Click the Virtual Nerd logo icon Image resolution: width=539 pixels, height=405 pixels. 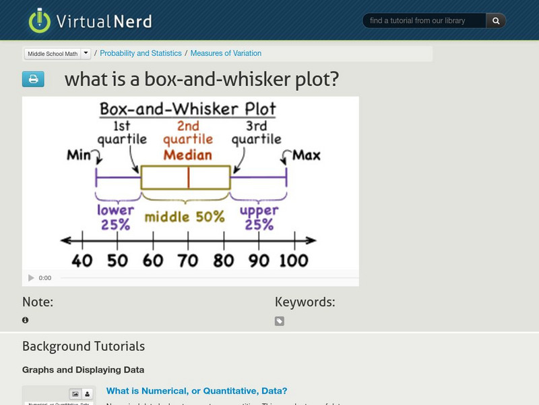click(x=40, y=20)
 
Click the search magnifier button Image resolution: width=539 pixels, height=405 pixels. click(x=496, y=21)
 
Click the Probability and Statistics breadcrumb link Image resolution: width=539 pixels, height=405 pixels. click(x=141, y=53)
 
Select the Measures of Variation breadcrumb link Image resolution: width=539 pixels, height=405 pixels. click(x=226, y=53)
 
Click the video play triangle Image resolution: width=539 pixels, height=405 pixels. click(x=31, y=278)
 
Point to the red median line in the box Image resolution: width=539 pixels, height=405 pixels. click(x=188, y=177)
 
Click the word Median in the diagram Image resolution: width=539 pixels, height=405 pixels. click(x=188, y=155)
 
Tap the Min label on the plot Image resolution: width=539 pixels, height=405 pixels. click(x=80, y=156)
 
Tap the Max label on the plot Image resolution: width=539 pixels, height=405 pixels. click(x=306, y=156)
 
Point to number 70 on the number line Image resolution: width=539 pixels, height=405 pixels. click(x=188, y=261)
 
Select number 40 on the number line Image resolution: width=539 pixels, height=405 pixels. click(x=82, y=261)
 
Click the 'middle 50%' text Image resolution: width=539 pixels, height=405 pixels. click(x=184, y=217)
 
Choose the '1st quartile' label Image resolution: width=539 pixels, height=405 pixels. click(x=122, y=133)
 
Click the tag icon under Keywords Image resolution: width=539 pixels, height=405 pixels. click(x=280, y=321)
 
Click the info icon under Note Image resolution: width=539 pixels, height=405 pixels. click(x=26, y=320)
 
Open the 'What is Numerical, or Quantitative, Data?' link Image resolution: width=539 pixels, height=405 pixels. click(x=197, y=391)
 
